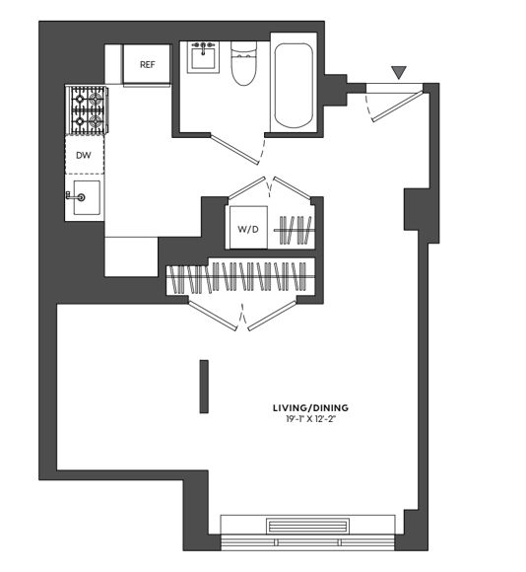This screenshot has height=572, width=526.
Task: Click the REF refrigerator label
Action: coord(147,65)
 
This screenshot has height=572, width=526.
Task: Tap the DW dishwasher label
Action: coord(85,156)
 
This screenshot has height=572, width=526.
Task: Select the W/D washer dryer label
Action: coord(247,230)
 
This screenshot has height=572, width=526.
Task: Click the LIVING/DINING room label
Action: coord(310,407)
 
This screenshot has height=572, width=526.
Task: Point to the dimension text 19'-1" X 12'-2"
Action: coord(310,419)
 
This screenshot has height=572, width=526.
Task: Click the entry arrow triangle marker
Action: coord(398,72)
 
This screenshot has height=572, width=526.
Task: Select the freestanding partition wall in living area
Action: coord(204,387)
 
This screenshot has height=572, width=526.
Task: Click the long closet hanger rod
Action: coord(239,278)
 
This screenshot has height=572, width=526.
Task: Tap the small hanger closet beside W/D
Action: coord(296,230)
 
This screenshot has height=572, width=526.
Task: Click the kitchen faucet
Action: coord(72,196)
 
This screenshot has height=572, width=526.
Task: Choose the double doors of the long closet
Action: coord(243,316)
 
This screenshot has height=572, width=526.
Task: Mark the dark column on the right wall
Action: coord(415,209)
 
